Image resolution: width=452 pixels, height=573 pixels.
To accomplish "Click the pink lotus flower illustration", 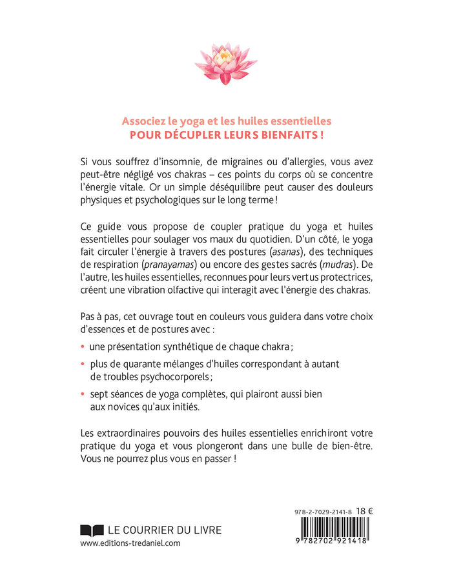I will tap(225, 63).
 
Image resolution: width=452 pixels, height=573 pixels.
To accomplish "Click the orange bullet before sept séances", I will tap(83, 393).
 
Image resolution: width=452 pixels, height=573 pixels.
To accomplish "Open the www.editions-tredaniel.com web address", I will tap(130, 543).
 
